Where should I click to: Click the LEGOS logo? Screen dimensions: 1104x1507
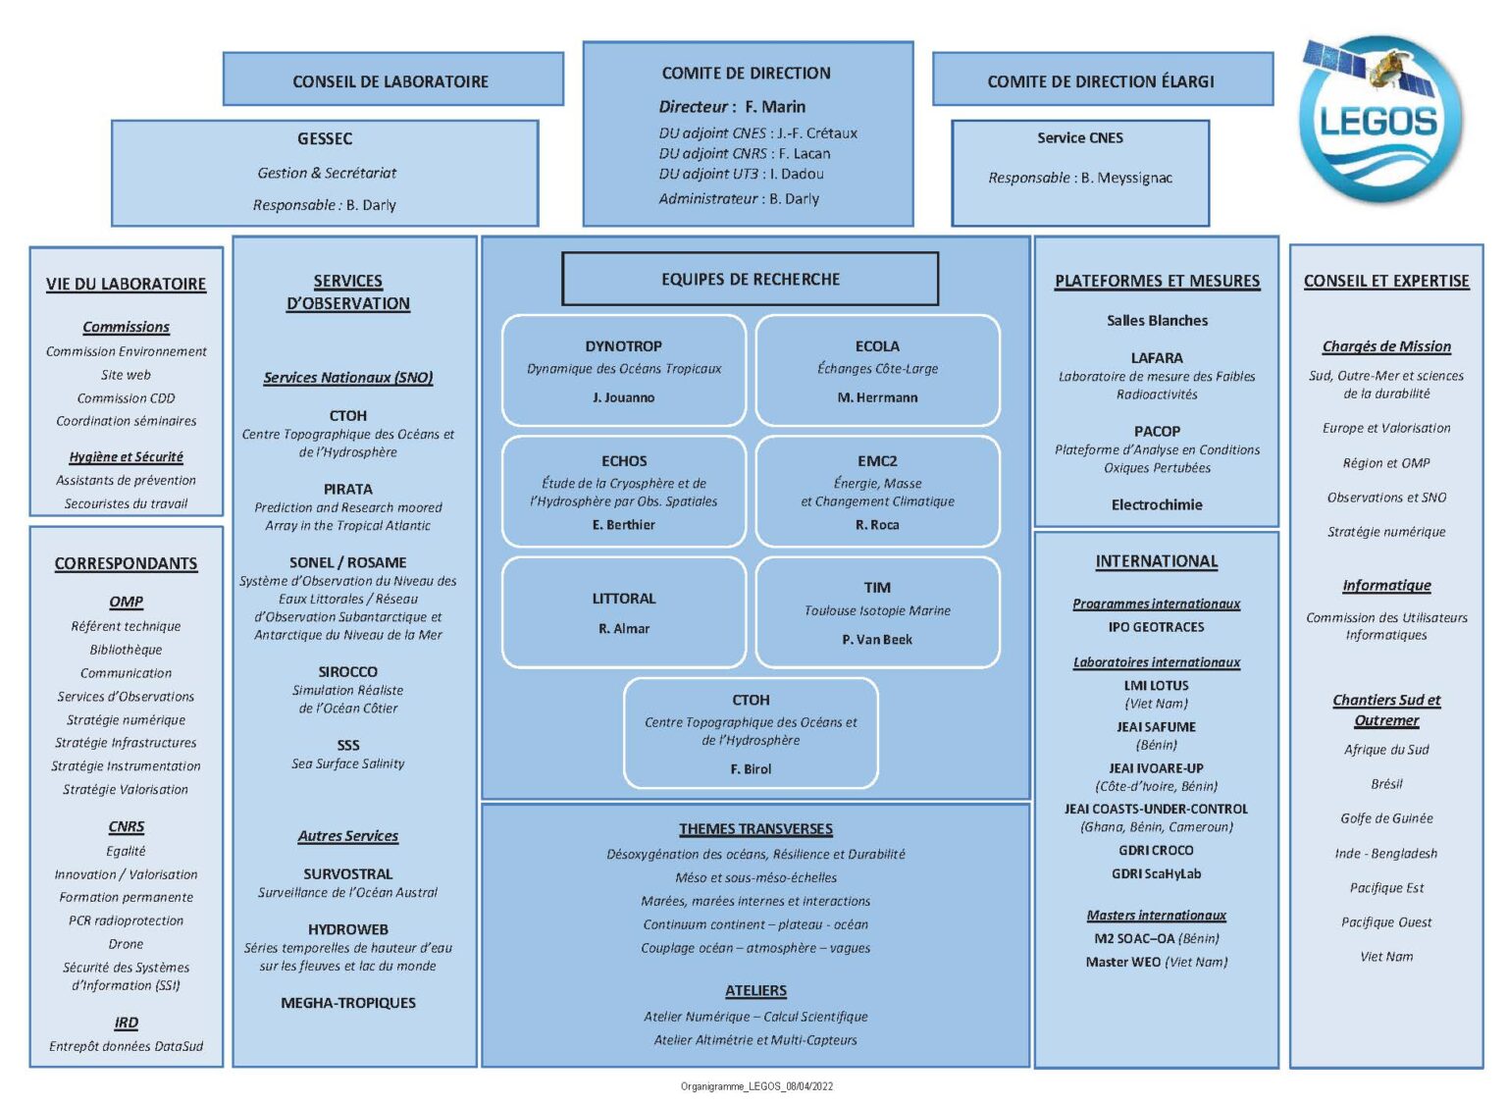(x=1380, y=120)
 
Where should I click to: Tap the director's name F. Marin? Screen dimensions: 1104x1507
(x=774, y=106)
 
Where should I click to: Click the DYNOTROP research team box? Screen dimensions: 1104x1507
(x=624, y=370)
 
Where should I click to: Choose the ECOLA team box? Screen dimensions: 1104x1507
(x=877, y=370)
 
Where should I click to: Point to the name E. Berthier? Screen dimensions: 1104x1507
(x=624, y=525)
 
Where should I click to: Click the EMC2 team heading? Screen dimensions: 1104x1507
(x=877, y=460)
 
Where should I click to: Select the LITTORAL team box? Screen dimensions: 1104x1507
(x=624, y=611)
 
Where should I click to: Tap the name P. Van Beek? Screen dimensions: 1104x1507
(x=877, y=639)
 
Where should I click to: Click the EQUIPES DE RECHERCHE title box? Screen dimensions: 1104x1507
(x=751, y=279)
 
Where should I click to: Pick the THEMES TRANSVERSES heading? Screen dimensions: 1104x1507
(x=755, y=828)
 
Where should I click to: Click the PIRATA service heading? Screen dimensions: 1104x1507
(x=348, y=489)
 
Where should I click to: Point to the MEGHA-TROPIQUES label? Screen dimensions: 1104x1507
(x=348, y=1002)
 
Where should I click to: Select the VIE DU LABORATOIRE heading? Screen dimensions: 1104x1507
(x=126, y=284)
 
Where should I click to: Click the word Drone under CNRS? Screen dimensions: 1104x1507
(x=126, y=943)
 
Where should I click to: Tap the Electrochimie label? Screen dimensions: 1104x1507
(x=1157, y=504)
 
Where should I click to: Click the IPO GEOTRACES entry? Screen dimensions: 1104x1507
(x=1157, y=626)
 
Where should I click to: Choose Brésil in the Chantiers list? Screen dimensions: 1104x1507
(x=1386, y=783)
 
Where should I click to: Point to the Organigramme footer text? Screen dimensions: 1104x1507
(x=756, y=1086)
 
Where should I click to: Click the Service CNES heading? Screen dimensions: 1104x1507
(x=1080, y=137)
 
